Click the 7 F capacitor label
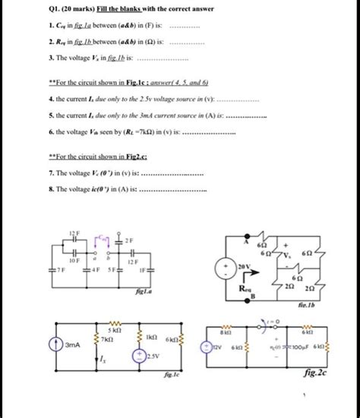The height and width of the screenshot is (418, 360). tap(60, 267)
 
